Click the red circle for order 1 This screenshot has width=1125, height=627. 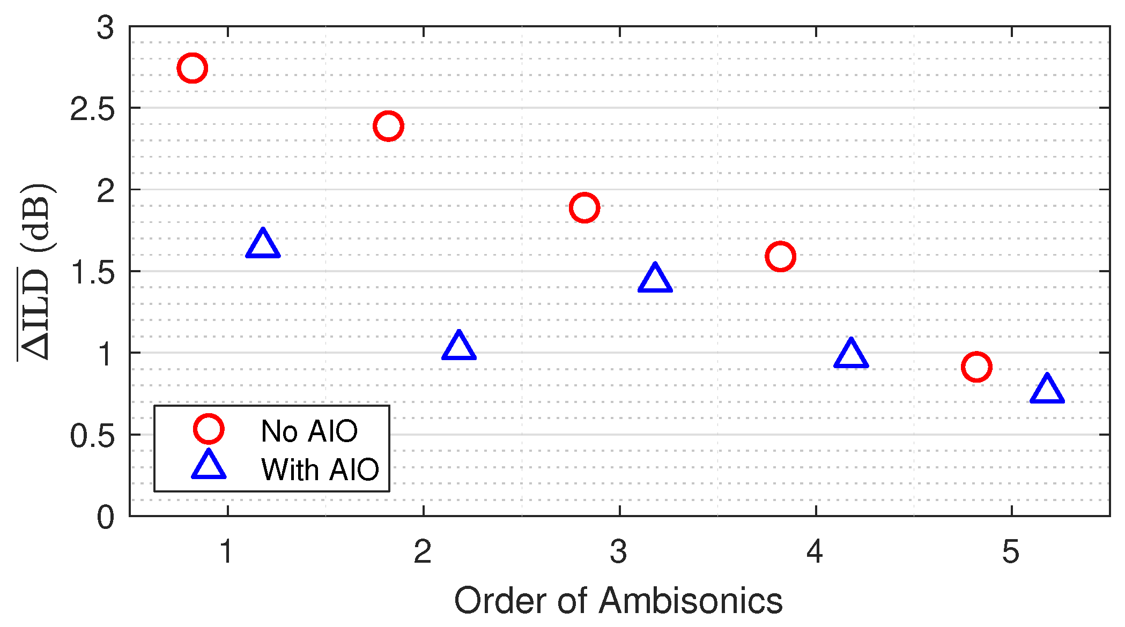click(x=192, y=68)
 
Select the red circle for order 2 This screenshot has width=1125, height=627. click(x=388, y=126)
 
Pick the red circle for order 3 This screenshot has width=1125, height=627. click(x=584, y=207)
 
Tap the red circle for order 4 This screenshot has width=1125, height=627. click(x=780, y=256)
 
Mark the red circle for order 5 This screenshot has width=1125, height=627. click(x=976, y=367)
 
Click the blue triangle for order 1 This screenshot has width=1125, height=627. click(x=263, y=245)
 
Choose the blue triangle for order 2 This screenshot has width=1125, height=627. click(x=459, y=347)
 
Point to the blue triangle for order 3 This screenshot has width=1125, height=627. click(x=655, y=279)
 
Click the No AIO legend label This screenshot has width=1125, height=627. click(x=309, y=431)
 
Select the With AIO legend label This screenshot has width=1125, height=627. click(x=320, y=469)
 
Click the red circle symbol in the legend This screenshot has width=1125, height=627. click(x=209, y=429)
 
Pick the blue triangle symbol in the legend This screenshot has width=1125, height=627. click(x=209, y=466)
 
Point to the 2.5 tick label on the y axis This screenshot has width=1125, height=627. click(x=92, y=110)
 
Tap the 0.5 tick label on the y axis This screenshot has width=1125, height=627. click(x=92, y=436)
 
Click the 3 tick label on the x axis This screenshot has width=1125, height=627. click(x=619, y=551)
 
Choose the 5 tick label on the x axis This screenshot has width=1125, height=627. click(x=1011, y=551)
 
